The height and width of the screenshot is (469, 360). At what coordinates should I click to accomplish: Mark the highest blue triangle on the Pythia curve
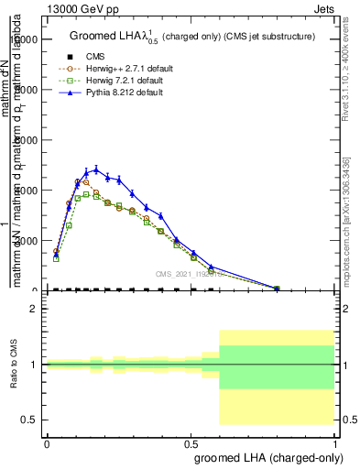click(x=95, y=169)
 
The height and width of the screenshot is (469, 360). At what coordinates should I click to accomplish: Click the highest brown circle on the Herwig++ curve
click(x=78, y=181)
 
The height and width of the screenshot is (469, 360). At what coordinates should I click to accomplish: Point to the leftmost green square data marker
click(x=56, y=258)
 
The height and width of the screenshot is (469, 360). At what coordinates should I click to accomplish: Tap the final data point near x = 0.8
click(x=278, y=289)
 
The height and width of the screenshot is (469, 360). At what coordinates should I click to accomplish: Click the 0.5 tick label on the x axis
click(x=191, y=444)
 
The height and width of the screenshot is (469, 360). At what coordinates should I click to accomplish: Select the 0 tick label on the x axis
click(x=47, y=444)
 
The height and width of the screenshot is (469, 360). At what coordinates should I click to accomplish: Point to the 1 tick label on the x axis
click(x=335, y=444)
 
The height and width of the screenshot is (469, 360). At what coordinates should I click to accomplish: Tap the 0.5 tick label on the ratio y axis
click(x=29, y=420)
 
